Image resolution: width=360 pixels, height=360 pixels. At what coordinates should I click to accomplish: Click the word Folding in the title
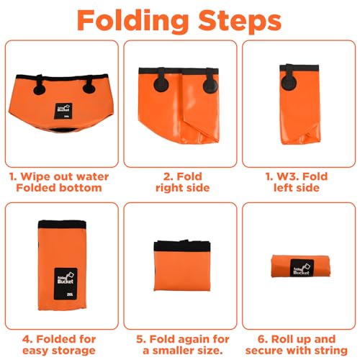point(132,21)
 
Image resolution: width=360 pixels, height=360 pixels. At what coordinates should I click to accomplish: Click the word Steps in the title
point(240,20)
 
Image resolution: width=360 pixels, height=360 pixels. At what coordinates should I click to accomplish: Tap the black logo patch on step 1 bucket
point(63,111)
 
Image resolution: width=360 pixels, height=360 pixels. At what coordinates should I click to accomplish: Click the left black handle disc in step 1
point(39,89)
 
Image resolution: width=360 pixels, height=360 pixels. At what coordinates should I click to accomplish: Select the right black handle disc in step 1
point(89,88)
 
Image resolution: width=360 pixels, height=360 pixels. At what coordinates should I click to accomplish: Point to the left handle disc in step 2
point(161,84)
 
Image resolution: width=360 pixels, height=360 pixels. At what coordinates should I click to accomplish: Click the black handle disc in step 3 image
point(289,83)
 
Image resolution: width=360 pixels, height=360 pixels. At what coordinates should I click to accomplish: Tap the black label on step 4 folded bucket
point(66,284)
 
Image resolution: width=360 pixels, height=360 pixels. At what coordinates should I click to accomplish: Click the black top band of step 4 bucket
point(62,225)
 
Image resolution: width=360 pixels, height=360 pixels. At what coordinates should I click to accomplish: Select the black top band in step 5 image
point(182,246)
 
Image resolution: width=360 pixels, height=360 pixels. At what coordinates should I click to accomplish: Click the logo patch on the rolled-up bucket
point(302,268)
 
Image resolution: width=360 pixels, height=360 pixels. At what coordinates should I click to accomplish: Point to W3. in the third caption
point(287,177)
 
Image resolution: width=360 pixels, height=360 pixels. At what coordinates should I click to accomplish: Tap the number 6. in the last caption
point(263,339)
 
